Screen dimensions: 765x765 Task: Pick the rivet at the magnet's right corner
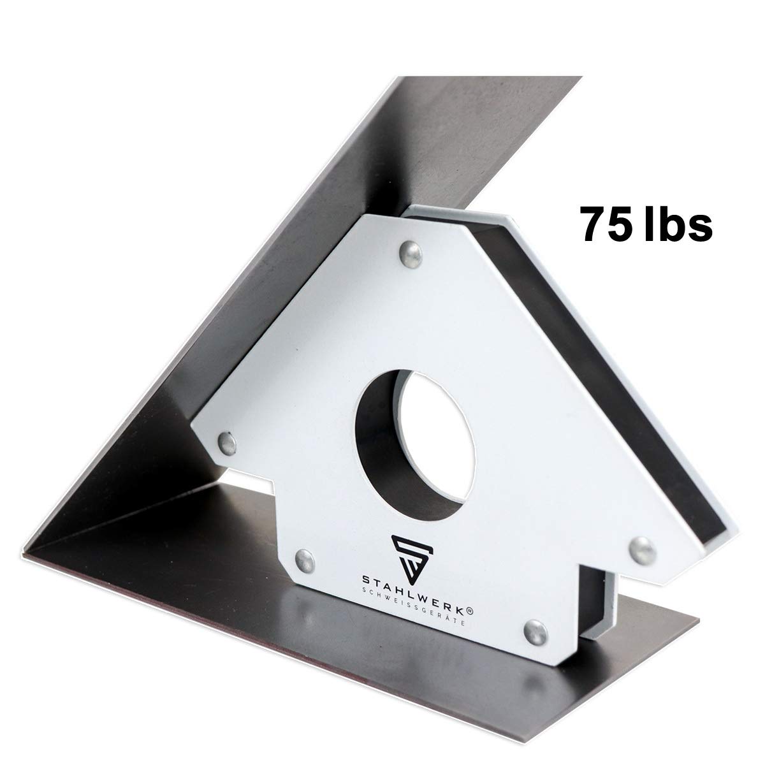[640, 546]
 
